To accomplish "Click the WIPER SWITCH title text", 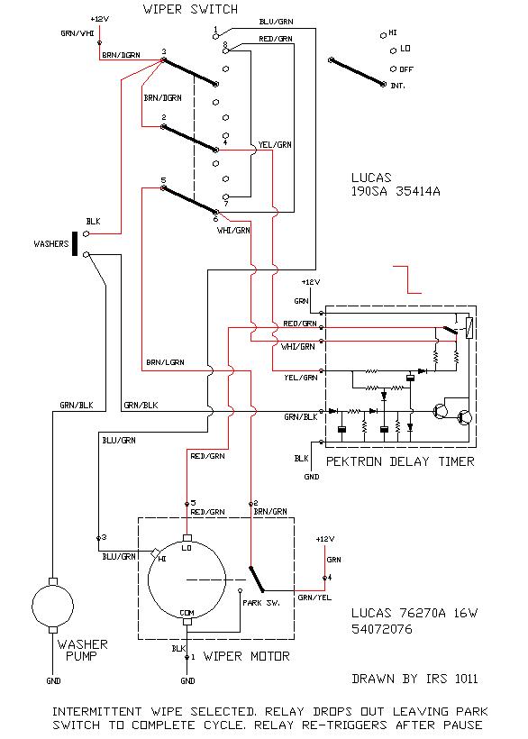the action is pos(190,9).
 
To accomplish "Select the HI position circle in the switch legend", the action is pos(384,36).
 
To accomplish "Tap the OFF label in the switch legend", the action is pos(406,69).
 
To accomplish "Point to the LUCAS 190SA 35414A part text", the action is pos(396,184).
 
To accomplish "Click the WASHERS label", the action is pos(50,243).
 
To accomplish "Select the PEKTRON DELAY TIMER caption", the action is pos(400,461).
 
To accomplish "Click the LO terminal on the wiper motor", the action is pos(187,538).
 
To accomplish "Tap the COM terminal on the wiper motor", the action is pos(187,622).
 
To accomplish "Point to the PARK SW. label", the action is pos(261,603).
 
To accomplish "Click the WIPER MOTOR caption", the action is pos(246,656).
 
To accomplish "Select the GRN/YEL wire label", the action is pos(314,598).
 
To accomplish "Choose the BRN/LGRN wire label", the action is pos(165,362).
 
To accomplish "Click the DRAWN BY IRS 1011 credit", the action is pos(414,679).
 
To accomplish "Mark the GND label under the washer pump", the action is pos(53,681).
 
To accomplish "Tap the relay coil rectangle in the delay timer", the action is pos(469,327).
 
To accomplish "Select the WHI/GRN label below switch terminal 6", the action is pos(233,231).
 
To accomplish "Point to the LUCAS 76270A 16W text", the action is pos(414,613).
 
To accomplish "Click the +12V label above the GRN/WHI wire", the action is pos(99,19).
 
